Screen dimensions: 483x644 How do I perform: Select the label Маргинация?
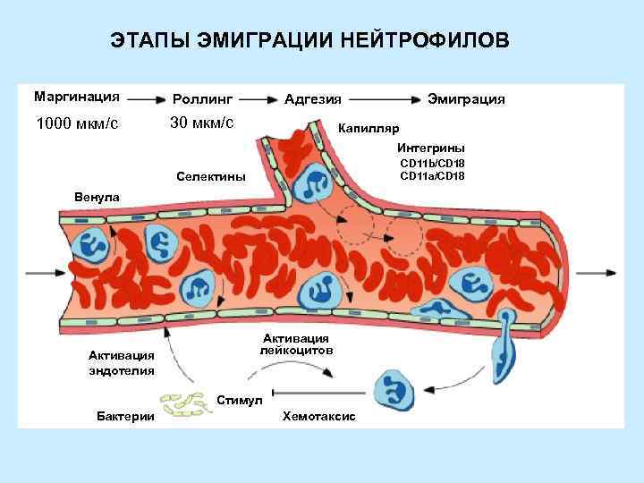tap(78, 95)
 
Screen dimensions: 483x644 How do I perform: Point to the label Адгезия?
tap(312, 98)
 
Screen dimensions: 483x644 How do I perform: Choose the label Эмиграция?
tap(466, 98)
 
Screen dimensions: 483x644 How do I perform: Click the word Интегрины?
tap(431, 148)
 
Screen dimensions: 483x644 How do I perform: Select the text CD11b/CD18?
tap(432, 164)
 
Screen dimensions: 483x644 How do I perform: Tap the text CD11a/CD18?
tap(432, 176)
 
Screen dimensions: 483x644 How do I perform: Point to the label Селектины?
tap(212, 176)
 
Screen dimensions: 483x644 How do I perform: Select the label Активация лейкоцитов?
tap(296, 344)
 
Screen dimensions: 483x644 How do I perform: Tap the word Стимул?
tap(240, 400)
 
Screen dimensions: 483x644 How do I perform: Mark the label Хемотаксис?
tap(318, 417)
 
